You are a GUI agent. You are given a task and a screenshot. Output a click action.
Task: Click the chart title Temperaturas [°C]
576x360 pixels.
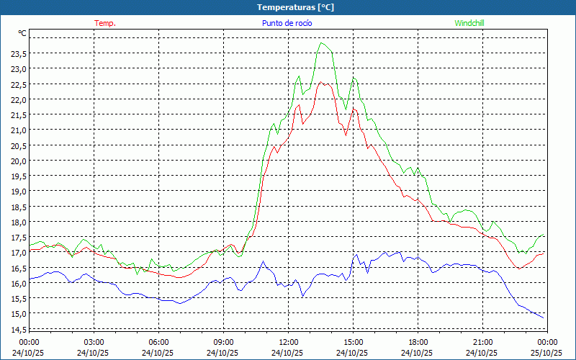[295, 7]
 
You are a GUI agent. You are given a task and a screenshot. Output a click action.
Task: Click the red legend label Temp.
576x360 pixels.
[105, 23]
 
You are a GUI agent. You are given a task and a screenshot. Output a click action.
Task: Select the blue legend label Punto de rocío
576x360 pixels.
[287, 23]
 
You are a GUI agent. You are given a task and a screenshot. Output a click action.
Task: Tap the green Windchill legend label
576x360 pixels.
[469, 23]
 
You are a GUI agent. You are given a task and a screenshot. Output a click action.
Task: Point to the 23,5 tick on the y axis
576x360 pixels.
[18, 53]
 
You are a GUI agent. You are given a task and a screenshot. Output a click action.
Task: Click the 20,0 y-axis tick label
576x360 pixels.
[18, 161]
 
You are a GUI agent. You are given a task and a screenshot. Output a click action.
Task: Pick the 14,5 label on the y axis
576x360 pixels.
[18, 329]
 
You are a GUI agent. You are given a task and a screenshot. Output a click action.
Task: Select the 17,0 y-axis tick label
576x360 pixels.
[18, 253]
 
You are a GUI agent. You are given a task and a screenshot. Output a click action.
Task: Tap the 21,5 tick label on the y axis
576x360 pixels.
[18, 114]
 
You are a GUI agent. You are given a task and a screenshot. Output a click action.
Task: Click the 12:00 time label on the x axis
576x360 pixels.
[288, 342]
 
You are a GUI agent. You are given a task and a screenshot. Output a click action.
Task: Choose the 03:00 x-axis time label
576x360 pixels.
[94, 342]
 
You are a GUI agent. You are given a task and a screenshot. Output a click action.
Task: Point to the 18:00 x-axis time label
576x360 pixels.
[418, 342]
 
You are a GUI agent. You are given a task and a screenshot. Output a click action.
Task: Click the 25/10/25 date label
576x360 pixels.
[547, 353]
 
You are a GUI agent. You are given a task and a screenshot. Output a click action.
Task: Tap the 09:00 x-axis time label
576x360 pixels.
[223, 342]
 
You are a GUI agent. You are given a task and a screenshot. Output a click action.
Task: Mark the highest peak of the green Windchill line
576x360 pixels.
[323, 43]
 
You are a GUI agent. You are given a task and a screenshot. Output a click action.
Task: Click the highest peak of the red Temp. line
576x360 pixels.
[322, 83]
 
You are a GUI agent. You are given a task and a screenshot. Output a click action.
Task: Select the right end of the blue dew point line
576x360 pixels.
[544, 318]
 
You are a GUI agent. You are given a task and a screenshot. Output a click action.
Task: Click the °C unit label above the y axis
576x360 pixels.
[22, 33]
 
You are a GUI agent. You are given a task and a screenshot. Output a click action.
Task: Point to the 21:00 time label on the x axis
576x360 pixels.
[482, 342]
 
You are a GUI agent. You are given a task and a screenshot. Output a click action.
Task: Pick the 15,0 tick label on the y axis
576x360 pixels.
[18, 314]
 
